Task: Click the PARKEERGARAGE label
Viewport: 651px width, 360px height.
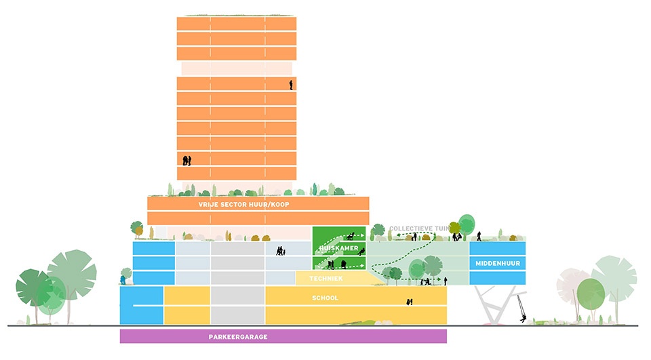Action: coord(238,337)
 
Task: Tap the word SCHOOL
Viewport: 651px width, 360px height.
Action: coord(325,298)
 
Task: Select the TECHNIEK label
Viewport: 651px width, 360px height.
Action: coord(326,278)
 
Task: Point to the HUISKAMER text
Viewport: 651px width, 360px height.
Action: coord(339,248)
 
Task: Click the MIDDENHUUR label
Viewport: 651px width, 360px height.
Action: coord(498,263)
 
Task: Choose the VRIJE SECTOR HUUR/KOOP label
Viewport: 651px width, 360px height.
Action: coord(243,204)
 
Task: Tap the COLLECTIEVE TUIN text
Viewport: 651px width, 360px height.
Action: coord(419,228)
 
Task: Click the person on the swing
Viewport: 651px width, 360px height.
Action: coord(523,319)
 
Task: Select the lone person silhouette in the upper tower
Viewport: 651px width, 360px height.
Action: coord(291,85)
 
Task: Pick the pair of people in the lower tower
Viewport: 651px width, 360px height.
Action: coord(187,161)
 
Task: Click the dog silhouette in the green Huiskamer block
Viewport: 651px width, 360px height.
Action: coord(351,236)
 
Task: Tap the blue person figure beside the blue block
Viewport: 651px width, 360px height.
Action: coord(123,279)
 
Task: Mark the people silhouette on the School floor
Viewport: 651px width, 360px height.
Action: coord(410,302)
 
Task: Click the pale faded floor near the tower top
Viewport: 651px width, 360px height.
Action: coord(237,68)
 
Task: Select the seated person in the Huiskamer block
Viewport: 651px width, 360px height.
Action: coord(361,252)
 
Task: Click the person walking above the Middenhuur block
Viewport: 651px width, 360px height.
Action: coord(479,236)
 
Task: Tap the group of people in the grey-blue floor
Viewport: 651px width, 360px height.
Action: coord(281,251)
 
